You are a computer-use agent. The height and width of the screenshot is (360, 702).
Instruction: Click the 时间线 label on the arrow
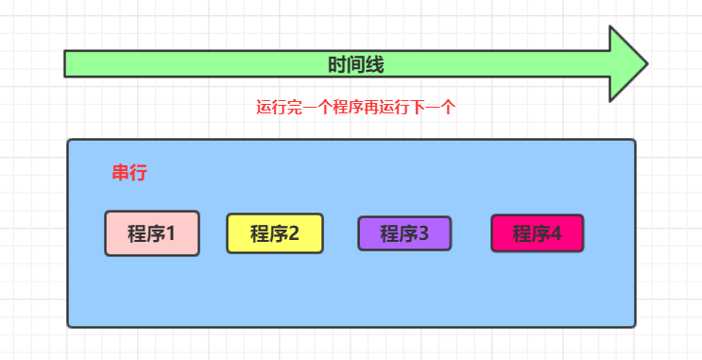pos(355,64)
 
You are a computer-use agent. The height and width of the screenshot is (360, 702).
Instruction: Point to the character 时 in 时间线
pos(336,64)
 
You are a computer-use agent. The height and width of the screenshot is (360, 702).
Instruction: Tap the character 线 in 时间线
pos(375,64)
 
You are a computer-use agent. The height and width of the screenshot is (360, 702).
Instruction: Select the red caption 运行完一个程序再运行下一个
pos(356,107)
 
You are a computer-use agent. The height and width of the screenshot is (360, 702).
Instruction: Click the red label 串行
pos(128,173)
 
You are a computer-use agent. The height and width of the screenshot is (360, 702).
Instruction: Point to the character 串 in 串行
pos(120,173)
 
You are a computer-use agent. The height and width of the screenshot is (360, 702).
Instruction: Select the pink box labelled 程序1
pos(151,233)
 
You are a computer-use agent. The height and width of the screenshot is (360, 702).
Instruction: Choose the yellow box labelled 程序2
pos(275,233)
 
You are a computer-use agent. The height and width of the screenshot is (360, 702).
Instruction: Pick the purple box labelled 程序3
pos(404,233)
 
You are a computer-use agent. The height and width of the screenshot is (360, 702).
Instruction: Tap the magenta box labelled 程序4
pos(537,233)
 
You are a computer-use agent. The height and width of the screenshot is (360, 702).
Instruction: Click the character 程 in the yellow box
pos(260,233)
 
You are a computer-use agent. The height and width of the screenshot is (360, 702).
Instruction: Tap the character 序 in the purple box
pos(406,233)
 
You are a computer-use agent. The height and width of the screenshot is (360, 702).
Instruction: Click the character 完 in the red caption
pos(294,107)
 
